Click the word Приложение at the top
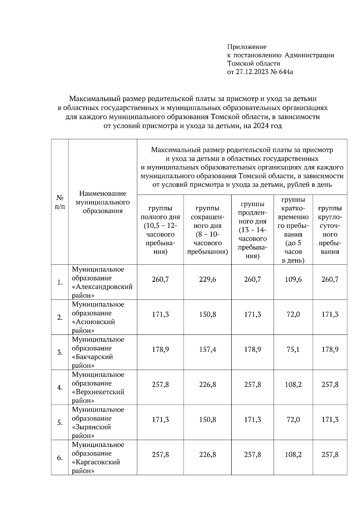click(x=247, y=47)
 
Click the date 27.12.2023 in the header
click(x=251, y=72)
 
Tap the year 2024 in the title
click(x=261, y=126)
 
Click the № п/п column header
click(x=60, y=202)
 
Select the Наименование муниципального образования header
click(x=103, y=202)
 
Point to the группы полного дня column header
click(x=160, y=230)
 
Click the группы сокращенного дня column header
click(x=207, y=230)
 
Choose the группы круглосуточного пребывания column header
click(x=330, y=230)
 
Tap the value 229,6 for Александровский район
click(x=207, y=279)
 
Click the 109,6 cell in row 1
click(x=293, y=279)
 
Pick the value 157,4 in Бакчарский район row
click(x=207, y=350)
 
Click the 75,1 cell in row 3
click(x=293, y=350)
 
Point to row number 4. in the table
click(x=60, y=387)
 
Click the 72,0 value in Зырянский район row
click(x=293, y=420)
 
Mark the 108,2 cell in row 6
click(x=293, y=455)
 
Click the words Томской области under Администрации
click(x=254, y=64)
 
